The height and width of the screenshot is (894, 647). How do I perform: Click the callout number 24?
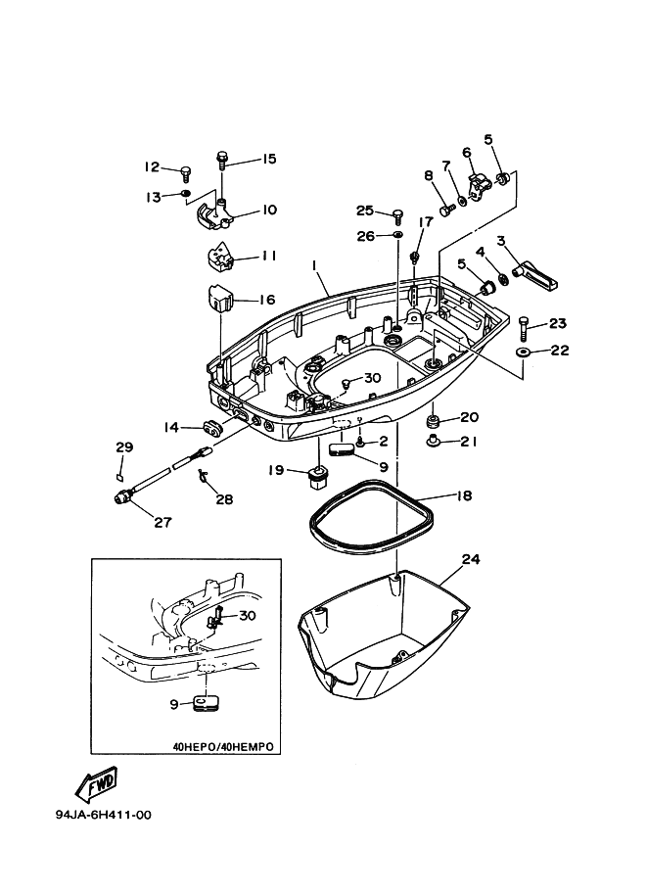(x=471, y=560)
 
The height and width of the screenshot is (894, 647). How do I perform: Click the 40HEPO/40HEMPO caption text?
(x=222, y=746)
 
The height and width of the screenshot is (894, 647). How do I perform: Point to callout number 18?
(x=463, y=495)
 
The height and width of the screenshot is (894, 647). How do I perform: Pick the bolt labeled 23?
(x=525, y=324)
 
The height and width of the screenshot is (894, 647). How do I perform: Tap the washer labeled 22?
(x=524, y=351)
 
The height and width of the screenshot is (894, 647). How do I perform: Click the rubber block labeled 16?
(x=218, y=298)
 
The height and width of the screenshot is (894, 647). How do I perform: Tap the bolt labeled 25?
(x=397, y=214)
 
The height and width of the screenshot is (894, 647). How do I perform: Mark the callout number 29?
(x=123, y=447)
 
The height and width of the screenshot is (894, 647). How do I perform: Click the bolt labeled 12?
(x=184, y=173)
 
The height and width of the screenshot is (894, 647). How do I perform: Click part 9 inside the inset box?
(x=204, y=704)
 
